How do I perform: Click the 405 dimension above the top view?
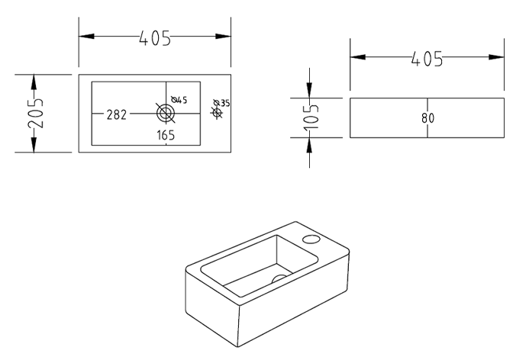[155, 37]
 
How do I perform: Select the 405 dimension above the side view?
[427, 58]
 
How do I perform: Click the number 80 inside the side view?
[427, 118]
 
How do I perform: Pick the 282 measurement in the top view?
[116, 114]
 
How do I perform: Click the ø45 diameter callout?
[180, 100]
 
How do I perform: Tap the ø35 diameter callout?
[221, 102]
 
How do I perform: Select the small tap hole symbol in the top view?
[216, 114]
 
